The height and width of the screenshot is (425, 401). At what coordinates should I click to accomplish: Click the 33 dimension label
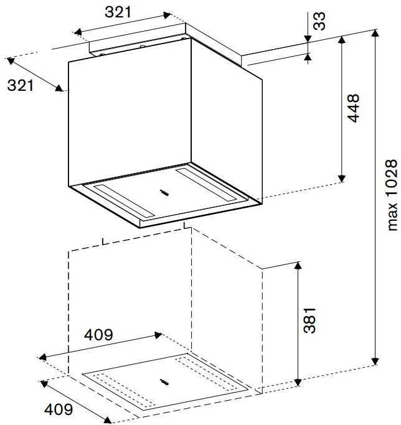319,21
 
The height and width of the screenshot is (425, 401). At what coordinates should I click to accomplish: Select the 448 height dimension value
353,108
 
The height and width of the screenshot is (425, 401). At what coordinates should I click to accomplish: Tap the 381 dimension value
309,320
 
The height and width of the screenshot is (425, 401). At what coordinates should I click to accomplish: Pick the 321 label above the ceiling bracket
118,12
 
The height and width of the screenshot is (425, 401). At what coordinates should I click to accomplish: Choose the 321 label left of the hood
21,85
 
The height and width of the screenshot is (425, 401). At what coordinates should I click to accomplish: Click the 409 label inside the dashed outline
98,335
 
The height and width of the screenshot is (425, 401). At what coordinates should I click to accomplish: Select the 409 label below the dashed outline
59,409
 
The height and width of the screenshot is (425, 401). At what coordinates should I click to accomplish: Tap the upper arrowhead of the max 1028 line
375,33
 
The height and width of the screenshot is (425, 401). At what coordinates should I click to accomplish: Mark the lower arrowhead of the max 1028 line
375,362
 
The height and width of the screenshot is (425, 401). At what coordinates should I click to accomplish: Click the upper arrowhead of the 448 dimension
342,40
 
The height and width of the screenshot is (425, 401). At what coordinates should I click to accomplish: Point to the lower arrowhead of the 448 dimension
342,179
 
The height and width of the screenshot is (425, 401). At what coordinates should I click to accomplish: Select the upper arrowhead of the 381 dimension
298,266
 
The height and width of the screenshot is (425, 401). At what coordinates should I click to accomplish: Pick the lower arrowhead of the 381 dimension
298,382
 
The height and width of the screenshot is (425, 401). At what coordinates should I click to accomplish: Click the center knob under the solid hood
164,193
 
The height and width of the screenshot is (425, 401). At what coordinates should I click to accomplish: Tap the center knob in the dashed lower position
164,382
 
